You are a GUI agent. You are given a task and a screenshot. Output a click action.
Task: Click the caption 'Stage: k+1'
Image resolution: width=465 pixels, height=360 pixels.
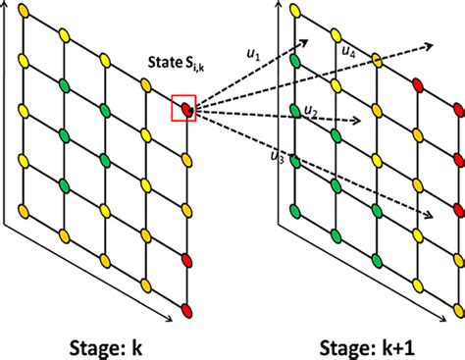click(x=378, y=344)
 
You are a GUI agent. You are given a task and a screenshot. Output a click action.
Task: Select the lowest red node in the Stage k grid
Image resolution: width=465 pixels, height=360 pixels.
click(x=185, y=312)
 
